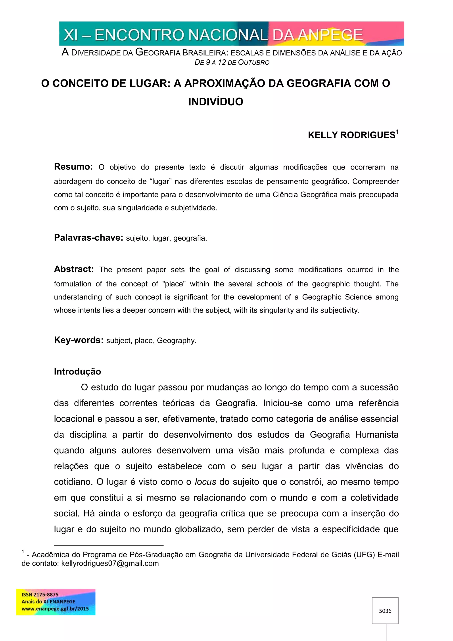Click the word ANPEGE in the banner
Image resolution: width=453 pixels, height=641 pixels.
(x=330, y=35)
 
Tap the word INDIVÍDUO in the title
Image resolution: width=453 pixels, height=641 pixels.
(x=216, y=102)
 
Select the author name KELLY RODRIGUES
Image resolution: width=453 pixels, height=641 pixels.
(x=351, y=135)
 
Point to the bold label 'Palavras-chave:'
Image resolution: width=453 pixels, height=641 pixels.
(x=88, y=237)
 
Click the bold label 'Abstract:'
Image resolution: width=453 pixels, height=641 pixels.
(x=74, y=269)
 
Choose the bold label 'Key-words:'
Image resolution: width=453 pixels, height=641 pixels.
(x=79, y=340)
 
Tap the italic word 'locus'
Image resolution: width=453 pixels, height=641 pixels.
(x=205, y=482)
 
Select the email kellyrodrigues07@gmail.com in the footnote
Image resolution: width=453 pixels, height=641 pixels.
(x=110, y=563)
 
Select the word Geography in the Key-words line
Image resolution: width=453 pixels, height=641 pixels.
(x=176, y=341)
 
